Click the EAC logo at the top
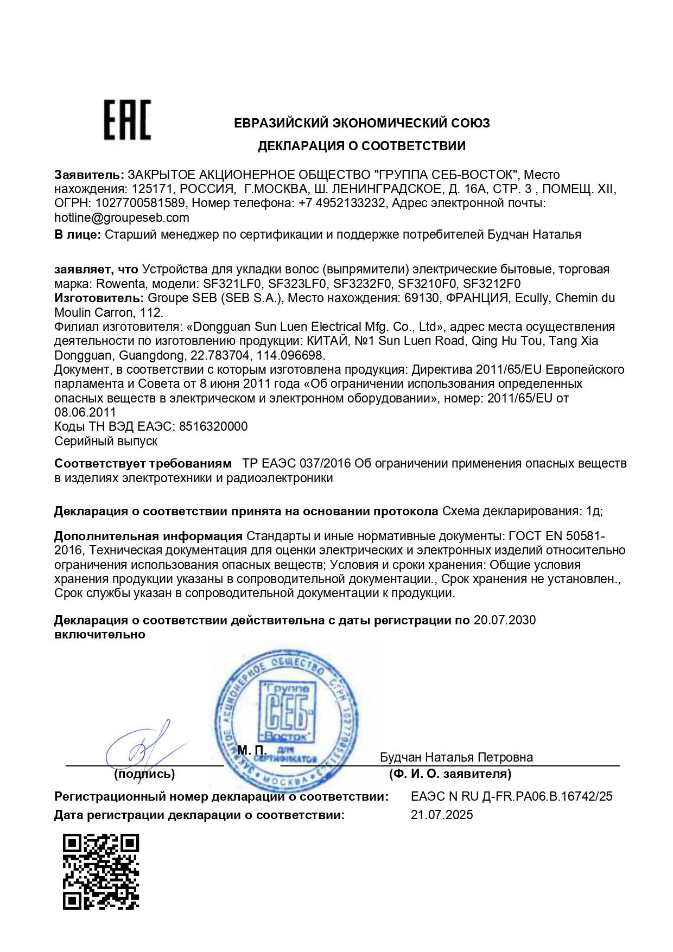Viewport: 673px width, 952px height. [x=127, y=120]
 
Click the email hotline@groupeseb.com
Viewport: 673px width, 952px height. [x=122, y=218]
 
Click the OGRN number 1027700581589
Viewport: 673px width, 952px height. [x=141, y=203]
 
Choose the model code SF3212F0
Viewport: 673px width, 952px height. [x=492, y=284]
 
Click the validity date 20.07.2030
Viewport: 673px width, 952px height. [x=504, y=620]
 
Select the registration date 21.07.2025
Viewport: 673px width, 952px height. [x=442, y=815]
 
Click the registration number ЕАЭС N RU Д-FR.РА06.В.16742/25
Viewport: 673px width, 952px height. [x=511, y=796]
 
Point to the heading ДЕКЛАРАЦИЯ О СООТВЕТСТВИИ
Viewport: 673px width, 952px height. [x=361, y=146]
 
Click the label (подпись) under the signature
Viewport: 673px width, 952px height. [x=144, y=774]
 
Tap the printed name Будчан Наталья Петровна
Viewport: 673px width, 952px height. [x=456, y=757]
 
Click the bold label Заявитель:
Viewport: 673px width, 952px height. [x=89, y=175]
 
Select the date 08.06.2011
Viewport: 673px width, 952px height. [x=85, y=412]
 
